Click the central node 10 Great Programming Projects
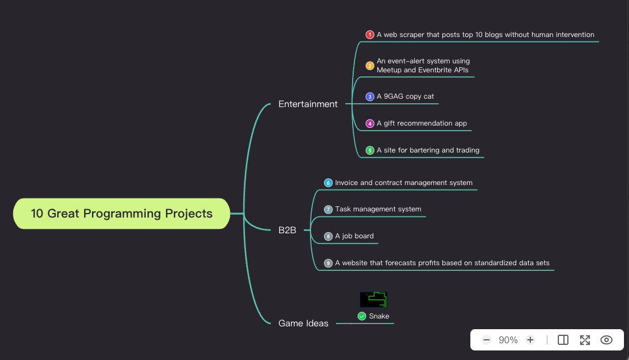(122, 214)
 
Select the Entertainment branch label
(308, 104)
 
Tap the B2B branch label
(287, 230)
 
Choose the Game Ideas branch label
(303, 323)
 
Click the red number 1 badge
(370, 35)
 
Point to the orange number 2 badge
(370, 66)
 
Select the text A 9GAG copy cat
(405, 96)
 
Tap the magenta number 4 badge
(370, 123)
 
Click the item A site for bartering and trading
(428, 150)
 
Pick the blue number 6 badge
(329, 183)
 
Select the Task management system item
(378, 209)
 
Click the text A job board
(354, 236)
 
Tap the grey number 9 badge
(329, 263)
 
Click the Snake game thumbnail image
(373, 299)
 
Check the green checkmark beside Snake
(362, 316)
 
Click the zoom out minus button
(487, 340)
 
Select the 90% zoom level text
(508, 340)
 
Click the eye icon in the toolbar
(606, 340)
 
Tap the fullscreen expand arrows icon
(585, 340)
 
